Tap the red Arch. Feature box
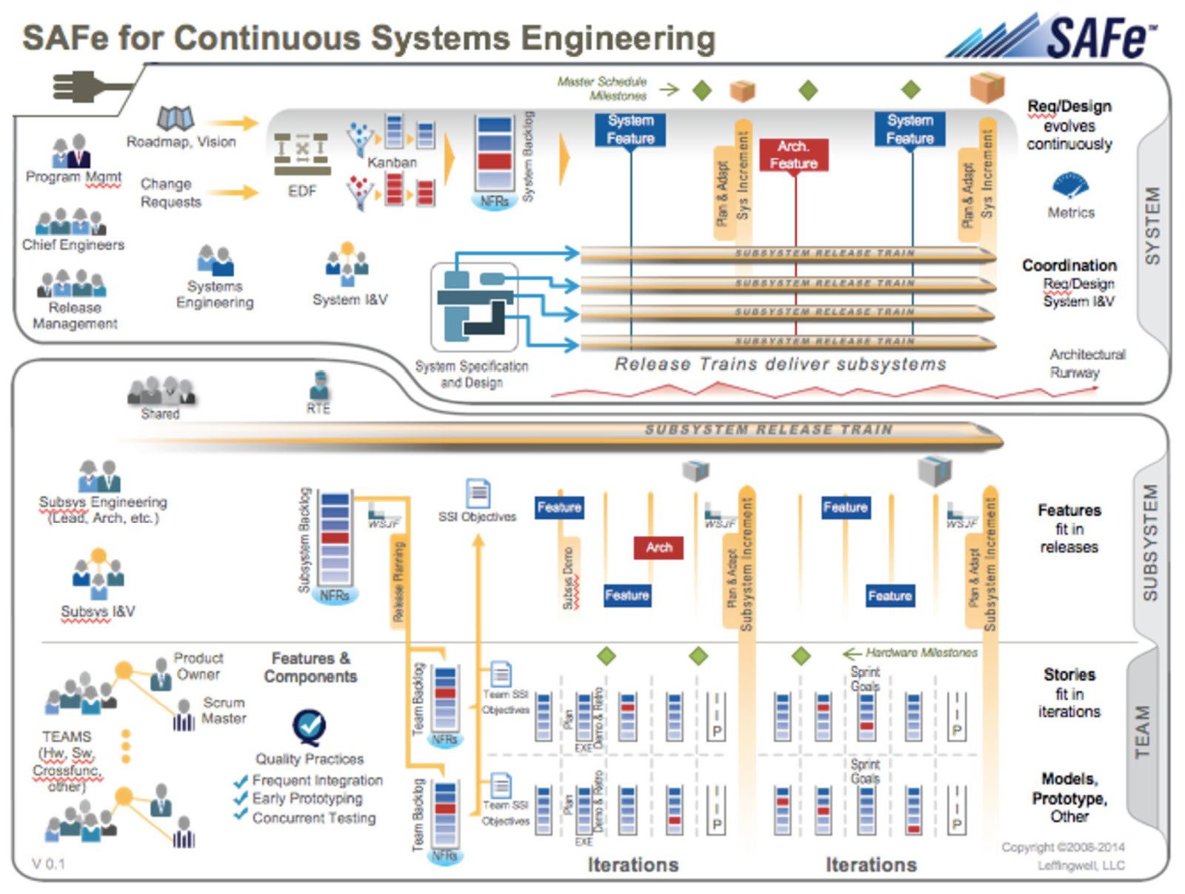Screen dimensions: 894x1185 click(x=793, y=155)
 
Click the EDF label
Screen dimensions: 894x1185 click(x=302, y=192)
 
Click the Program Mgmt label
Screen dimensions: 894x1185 click(x=73, y=177)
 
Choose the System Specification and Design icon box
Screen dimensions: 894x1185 click(x=474, y=307)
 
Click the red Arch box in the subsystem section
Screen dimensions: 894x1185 click(x=658, y=547)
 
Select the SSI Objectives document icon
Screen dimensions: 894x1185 click(x=478, y=493)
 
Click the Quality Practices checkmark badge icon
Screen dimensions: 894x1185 click(x=308, y=727)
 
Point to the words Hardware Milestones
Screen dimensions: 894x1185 click(x=921, y=653)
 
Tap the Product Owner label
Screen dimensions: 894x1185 click(x=198, y=666)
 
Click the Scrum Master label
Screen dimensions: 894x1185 click(x=224, y=710)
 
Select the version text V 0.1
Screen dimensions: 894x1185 click(x=49, y=864)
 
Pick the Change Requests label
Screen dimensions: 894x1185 click(x=170, y=193)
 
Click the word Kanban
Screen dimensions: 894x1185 click(x=392, y=162)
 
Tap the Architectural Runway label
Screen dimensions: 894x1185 click(x=1086, y=363)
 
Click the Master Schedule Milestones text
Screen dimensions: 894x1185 click(x=602, y=88)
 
